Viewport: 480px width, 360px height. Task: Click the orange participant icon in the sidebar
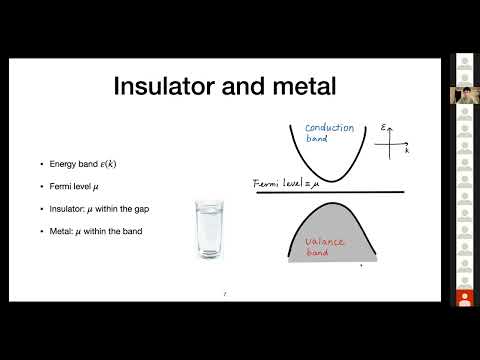[x=463, y=298]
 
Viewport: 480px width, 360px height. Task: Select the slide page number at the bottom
[x=225, y=293]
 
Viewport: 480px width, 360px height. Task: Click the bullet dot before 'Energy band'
[x=41, y=163]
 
